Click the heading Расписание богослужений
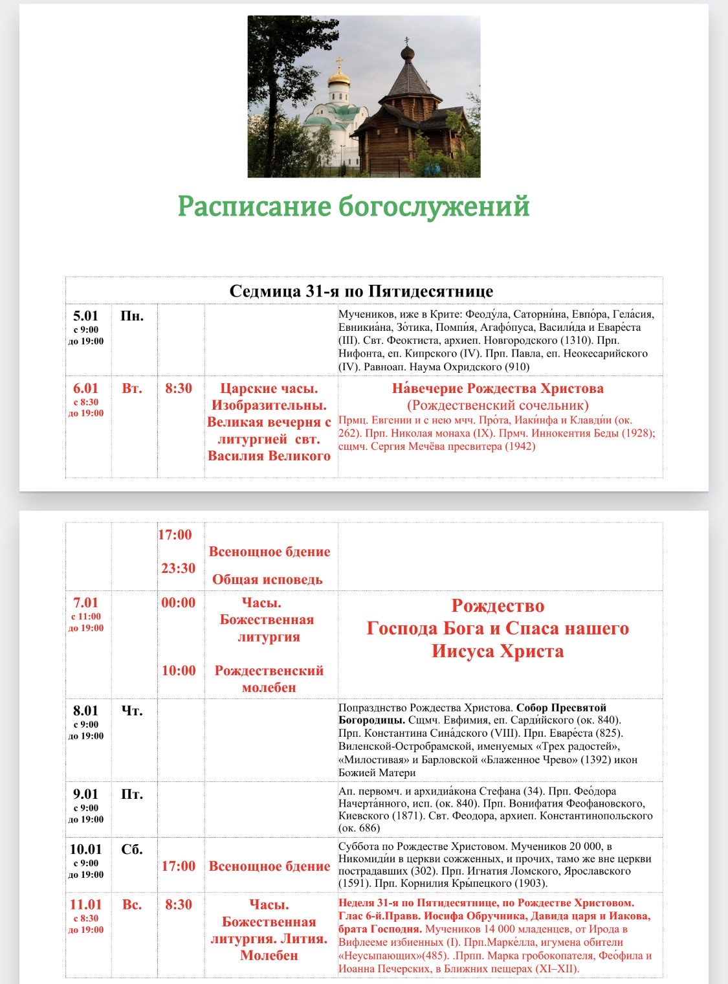point(354,207)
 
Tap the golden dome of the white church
point(338,80)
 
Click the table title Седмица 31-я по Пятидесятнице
point(361,291)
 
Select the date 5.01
point(85,316)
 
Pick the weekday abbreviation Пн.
point(132,316)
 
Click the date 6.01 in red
point(85,388)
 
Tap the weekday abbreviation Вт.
point(132,388)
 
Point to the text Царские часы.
point(269,388)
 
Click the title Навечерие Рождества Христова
point(498,388)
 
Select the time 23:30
point(178,568)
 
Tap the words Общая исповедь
point(267,579)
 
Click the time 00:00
point(178,603)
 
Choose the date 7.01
point(85,603)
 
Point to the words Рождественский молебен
point(269,679)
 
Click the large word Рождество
point(498,606)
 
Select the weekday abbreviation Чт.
point(132,710)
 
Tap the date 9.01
point(85,794)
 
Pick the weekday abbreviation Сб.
point(132,849)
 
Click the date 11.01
point(85,904)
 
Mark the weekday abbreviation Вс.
point(132,904)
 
